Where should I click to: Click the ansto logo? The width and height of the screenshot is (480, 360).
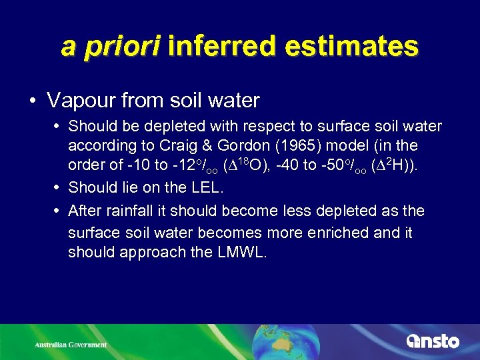tap(433, 341)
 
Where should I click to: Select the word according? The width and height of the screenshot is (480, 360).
tap(101, 146)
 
